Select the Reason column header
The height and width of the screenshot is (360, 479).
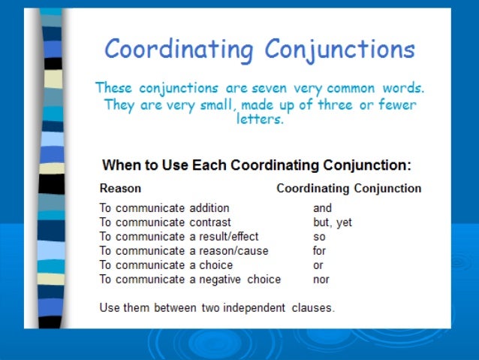click(x=120, y=188)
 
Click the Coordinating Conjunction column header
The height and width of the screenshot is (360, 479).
click(x=348, y=188)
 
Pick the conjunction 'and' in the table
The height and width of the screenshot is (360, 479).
click(x=322, y=208)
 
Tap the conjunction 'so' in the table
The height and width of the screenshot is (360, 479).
click(x=319, y=237)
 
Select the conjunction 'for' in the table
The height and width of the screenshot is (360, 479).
click(x=320, y=251)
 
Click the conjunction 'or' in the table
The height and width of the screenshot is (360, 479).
click(x=318, y=265)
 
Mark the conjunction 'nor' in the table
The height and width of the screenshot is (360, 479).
click(x=321, y=280)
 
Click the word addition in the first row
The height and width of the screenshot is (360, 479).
click(x=209, y=208)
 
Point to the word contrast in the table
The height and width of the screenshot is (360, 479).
click(x=209, y=222)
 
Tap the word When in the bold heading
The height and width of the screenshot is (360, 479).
click(x=119, y=165)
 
